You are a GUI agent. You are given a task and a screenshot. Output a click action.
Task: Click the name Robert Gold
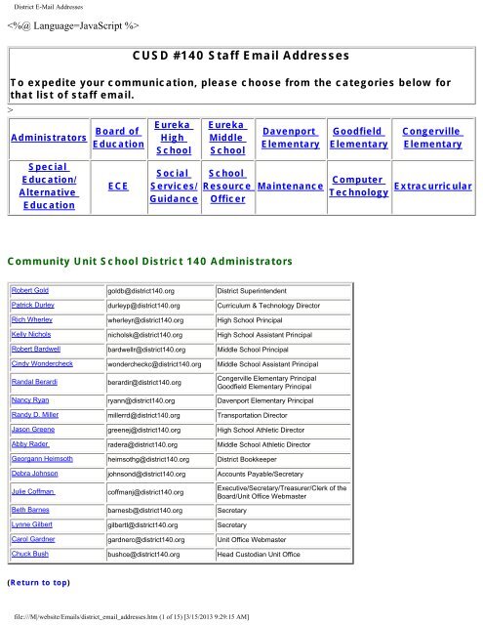coord(31,291)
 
